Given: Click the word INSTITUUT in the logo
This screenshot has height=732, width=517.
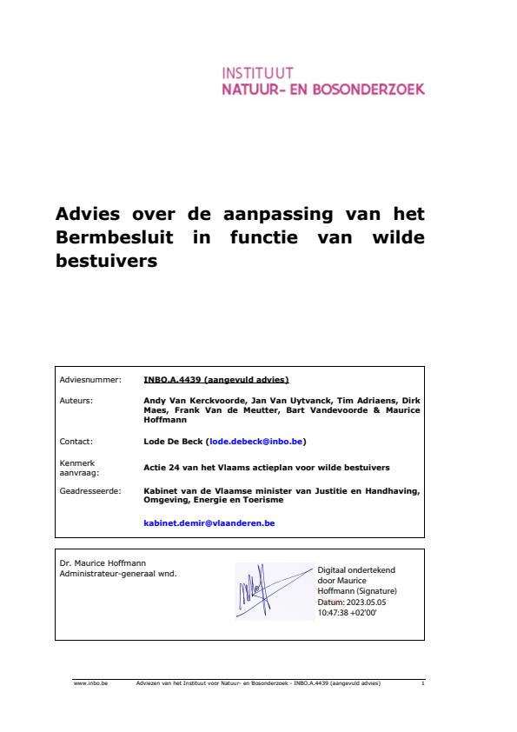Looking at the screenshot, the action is tap(258, 73).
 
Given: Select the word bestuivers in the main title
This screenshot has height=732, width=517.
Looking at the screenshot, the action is tap(107, 260).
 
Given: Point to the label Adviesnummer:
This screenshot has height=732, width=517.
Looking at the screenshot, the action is tap(90, 380).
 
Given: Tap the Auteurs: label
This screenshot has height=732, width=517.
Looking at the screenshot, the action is tap(76, 400).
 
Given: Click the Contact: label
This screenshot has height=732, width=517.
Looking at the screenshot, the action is tap(76, 442).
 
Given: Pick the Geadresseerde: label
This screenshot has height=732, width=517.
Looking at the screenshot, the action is tap(90, 490).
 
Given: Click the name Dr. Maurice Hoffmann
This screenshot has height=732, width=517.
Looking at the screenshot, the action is tap(96, 562).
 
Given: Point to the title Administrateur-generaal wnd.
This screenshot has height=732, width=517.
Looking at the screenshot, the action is tap(117, 573).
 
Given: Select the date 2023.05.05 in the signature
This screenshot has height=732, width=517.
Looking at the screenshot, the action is tap(370, 602).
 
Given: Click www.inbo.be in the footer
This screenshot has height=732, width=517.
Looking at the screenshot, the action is tap(85, 683).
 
